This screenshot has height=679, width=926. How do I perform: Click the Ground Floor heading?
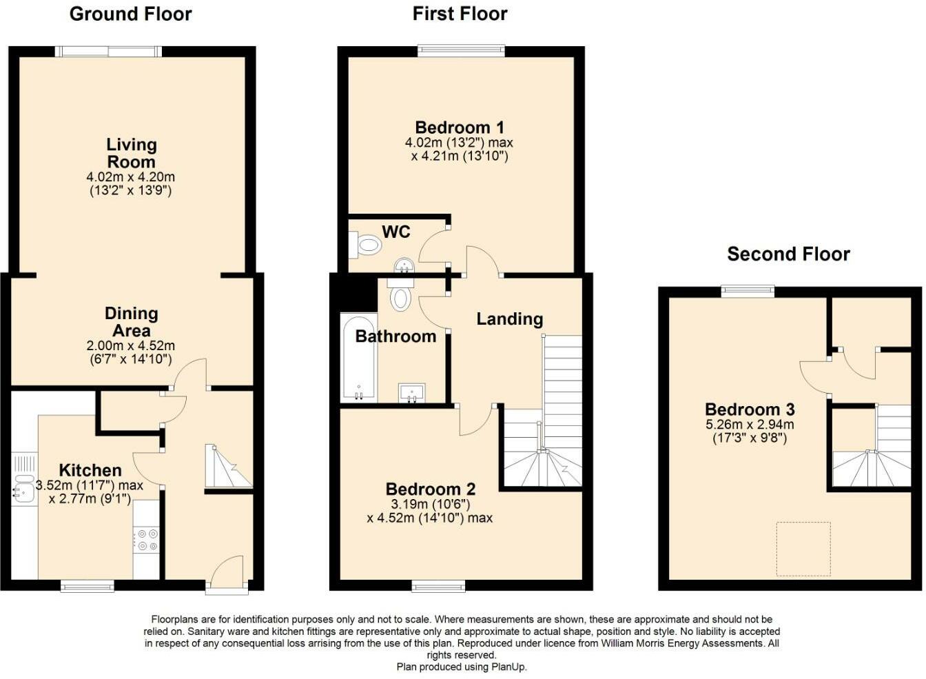(x=130, y=14)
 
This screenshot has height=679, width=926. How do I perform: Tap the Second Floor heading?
(x=788, y=254)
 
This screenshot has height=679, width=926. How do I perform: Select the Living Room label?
(x=131, y=153)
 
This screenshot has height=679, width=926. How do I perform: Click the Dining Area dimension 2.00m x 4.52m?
(x=130, y=345)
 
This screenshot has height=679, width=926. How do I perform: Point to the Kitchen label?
(x=90, y=470)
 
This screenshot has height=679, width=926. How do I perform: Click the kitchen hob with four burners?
(x=146, y=539)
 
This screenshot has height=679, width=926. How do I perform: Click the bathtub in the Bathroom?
(x=358, y=358)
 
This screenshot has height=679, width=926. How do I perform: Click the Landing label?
(x=510, y=318)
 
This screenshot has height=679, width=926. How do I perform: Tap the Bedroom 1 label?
(x=460, y=128)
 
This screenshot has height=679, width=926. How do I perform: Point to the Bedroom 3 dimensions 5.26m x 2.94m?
(x=750, y=425)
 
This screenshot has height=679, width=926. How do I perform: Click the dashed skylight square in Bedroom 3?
(x=803, y=549)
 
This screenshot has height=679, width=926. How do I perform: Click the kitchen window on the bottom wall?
(x=88, y=586)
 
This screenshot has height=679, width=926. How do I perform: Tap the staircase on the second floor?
(x=872, y=448)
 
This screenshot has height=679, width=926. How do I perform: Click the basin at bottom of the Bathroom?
(x=412, y=392)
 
